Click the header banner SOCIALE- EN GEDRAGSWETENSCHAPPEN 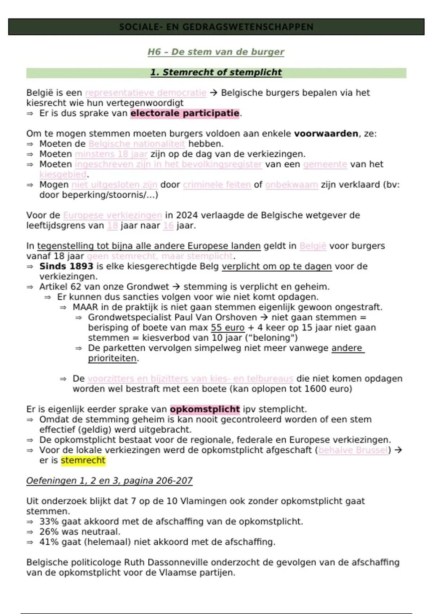click(x=216, y=27)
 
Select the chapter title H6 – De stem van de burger click(x=216, y=52)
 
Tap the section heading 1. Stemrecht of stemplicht click(x=216, y=73)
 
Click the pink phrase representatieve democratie click(x=146, y=93)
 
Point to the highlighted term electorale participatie click(x=185, y=113)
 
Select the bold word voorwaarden click(x=326, y=134)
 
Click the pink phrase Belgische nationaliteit click(x=137, y=144)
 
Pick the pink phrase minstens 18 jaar click(x=111, y=154)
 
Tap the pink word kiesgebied click(x=63, y=175)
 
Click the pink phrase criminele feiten click(x=216, y=185)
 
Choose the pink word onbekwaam click(x=292, y=185)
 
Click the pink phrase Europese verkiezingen click(x=112, y=216)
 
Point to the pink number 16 click(x=168, y=226)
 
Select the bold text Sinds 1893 click(x=66, y=267)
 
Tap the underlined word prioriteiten click(x=112, y=359)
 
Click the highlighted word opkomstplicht click(x=205, y=410)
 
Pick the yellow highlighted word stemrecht click(x=83, y=461)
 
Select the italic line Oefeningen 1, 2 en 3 click(x=109, y=481)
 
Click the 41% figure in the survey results click(x=47, y=542)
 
